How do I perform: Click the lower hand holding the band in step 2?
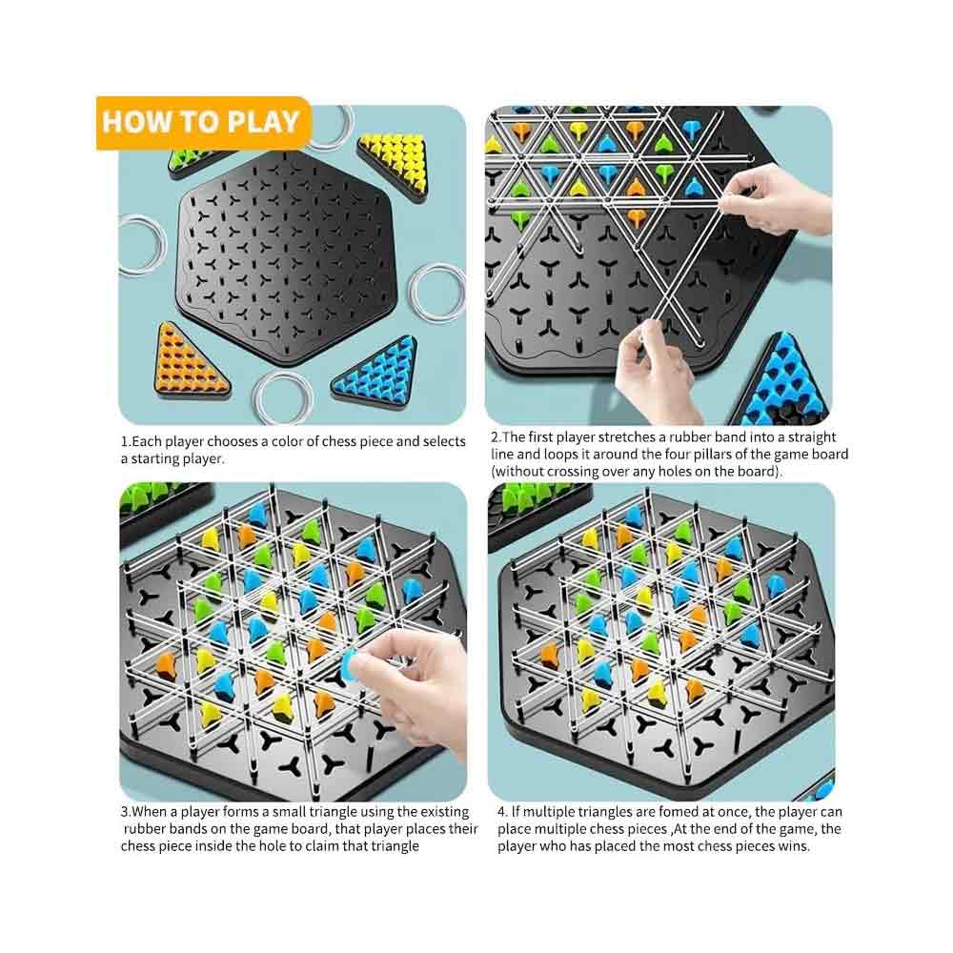click(x=658, y=367)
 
